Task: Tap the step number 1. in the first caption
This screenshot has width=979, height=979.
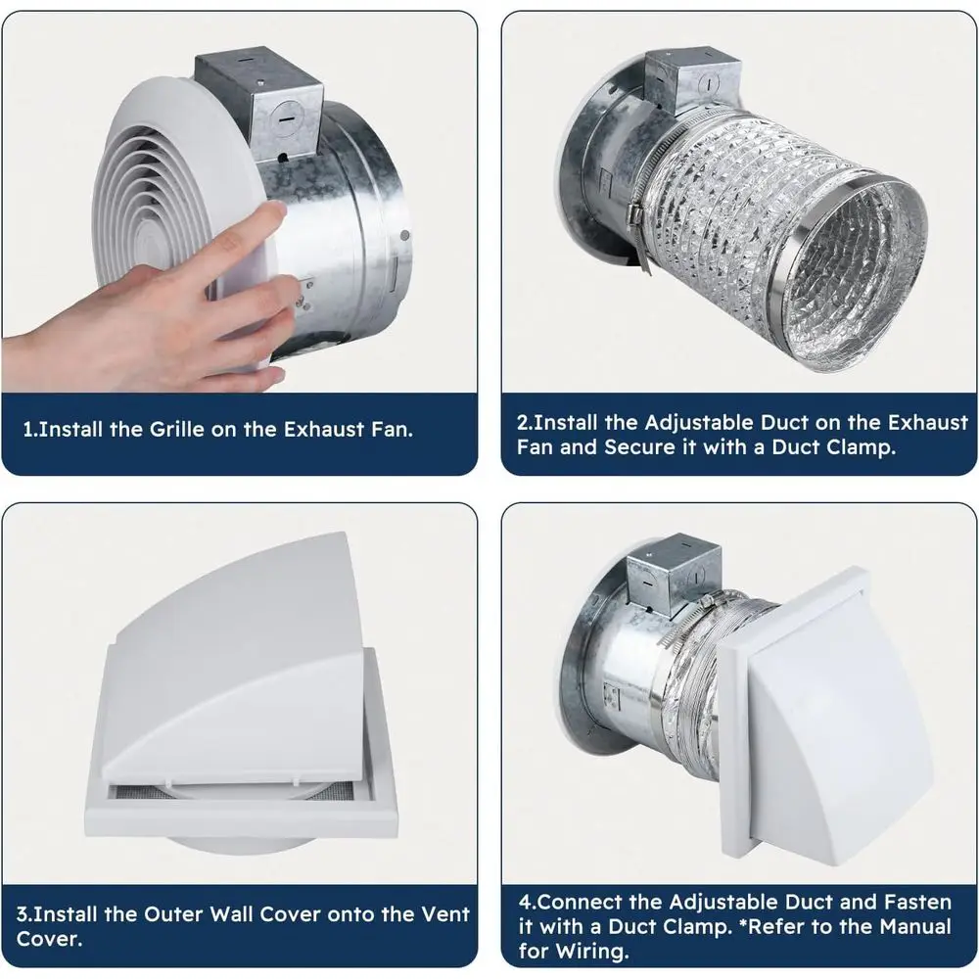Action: coord(31,430)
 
